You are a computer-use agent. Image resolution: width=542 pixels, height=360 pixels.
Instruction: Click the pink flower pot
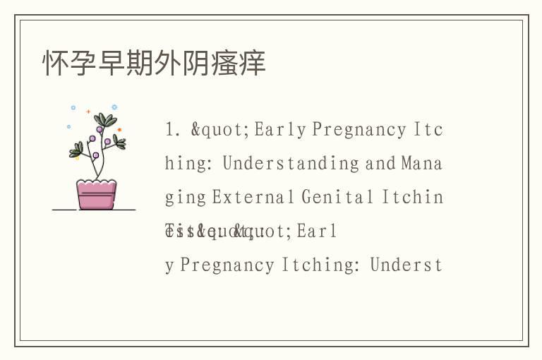point(96,195)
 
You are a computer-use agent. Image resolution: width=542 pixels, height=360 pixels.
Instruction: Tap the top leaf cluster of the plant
point(104,120)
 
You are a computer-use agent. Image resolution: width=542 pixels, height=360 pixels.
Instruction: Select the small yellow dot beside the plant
point(77,157)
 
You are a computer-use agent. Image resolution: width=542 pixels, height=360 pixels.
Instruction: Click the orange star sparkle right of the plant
point(119,130)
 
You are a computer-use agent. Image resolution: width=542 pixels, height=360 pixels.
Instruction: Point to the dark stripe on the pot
point(96,193)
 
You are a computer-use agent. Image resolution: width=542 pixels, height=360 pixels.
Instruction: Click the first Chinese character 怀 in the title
point(56,63)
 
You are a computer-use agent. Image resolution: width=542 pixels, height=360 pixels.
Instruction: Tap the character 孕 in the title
point(84,63)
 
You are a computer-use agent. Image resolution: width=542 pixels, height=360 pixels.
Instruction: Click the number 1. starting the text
point(173,130)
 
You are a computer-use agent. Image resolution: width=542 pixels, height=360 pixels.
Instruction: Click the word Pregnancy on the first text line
point(359,130)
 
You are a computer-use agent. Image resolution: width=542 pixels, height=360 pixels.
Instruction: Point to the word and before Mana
point(380,164)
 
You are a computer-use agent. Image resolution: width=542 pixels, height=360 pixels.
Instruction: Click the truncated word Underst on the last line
point(406,265)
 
